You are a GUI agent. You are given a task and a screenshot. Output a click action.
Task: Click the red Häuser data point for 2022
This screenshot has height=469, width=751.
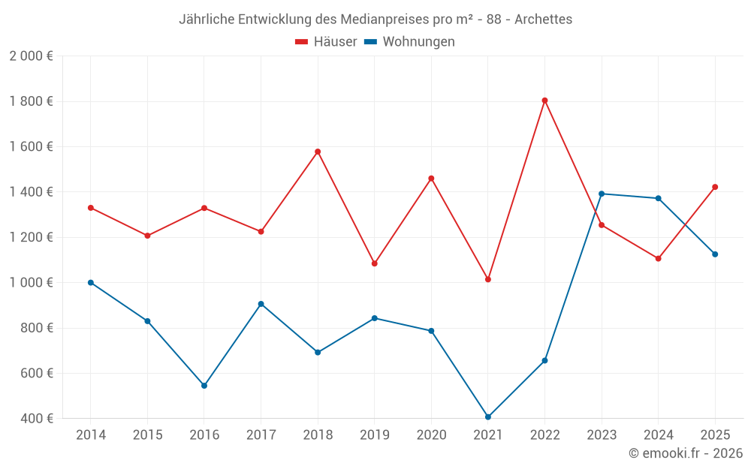coord(544,101)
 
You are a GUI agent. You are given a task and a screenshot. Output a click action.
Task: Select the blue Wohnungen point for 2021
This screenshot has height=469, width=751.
coord(488,417)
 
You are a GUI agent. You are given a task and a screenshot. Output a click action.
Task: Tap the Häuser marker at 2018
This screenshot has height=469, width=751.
coord(318,152)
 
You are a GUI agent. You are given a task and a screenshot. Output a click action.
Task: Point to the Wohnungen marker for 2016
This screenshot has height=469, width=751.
coord(204,386)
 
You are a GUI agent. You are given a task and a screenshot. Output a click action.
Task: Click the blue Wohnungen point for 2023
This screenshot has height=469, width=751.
coord(602,194)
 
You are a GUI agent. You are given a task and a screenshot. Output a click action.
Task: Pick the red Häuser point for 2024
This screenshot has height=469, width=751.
coord(658,259)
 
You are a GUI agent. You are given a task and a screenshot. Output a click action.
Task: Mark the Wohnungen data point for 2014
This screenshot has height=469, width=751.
coord(91,283)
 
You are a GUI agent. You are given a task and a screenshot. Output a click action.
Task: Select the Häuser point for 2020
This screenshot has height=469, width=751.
coord(431,179)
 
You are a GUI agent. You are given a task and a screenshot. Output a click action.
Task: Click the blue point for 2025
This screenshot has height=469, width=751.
coord(715,254)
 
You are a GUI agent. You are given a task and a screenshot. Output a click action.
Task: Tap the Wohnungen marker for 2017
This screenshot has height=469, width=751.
coord(261,304)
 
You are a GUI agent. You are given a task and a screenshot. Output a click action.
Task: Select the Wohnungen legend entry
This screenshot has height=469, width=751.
coord(410,42)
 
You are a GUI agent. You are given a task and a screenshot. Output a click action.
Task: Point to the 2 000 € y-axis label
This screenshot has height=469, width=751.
coord(31,56)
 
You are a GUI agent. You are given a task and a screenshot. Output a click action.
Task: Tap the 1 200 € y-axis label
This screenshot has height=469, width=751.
coord(31,237)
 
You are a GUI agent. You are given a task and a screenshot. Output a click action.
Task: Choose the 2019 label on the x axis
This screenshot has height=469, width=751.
coord(374,435)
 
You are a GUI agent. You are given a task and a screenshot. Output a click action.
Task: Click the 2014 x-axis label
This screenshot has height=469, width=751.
coord(91,435)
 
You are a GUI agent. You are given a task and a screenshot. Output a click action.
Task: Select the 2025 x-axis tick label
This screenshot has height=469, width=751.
coord(715,435)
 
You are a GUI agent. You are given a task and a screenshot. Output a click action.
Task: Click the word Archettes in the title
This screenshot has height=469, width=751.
coord(543,19)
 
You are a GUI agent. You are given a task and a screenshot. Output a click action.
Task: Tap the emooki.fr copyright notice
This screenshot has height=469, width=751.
coord(685,453)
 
